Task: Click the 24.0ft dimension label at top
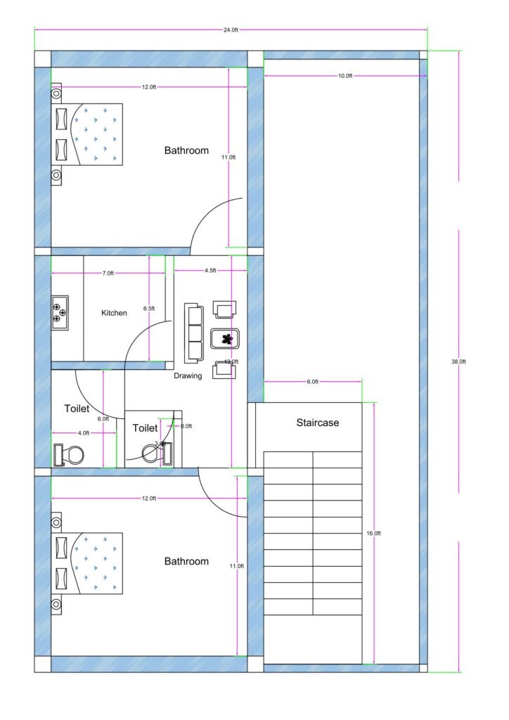[x=231, y=30]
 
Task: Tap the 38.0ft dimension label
[x=459, y=361]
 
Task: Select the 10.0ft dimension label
[x=344, y=75]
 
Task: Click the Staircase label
[x=317, y=423]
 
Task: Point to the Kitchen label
[x=114, y=313]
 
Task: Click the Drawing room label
[x=188, y=375]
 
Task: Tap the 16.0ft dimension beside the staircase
[x=374, y=534]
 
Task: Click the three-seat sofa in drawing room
[x=194, y=333]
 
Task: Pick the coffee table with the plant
[x=226, y=340]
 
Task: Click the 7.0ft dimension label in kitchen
[x=108, y=273]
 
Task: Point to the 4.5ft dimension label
[x=210, y=270]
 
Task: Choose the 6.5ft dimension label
[x=149, y=309]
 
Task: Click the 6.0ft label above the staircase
[x=312, y=382]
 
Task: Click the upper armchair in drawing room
[x=225, y=309]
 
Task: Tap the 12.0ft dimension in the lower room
[x=148, y=498]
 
